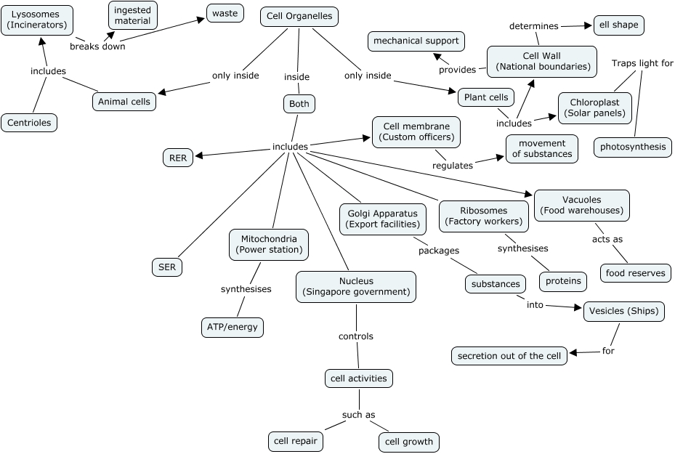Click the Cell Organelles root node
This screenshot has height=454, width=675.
(x=299, y=17)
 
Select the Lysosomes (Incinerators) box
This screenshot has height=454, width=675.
(x=36, y=20)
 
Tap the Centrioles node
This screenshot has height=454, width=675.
(x=29, y=123)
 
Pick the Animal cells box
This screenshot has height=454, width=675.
(x=124, y=102)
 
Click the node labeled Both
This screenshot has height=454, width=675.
(x=299, y=104)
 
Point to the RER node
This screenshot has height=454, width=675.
(x=178, y=157)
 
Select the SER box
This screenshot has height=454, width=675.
(x=167, y=267)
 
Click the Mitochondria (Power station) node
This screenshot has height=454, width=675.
(x=269, y=244)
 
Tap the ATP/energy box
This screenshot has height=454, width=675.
(x=232, y=327)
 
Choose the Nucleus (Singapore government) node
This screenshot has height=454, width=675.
(x=356, y=287)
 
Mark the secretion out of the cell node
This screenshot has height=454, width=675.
(x=509, y=356)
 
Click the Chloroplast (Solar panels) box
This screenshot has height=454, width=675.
(x=594, y=108)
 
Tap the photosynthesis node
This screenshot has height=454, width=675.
(x=632, y=147)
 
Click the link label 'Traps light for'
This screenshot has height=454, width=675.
(x=642, y=63)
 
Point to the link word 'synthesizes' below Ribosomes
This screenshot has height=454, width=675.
(x=522, y=248)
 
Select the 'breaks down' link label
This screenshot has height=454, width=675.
(x=97, y=46)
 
